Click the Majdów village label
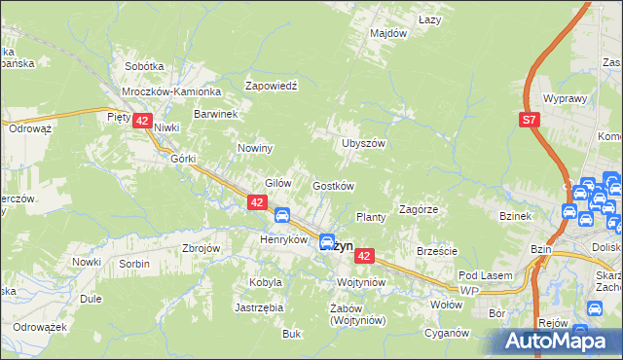[x=387, y=34]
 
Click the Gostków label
[x=332, y=186]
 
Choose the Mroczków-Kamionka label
[x=172, y=91]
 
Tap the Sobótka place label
[x=144, y=66]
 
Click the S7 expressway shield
[x=529, y=120]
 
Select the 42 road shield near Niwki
[x=142, y=121]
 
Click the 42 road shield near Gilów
[x=257, y=202]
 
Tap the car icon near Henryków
[x=280, y=215]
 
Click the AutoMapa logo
[x=559, y=342]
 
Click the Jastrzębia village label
[x=259, y=307]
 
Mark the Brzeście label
[x=437, y=251]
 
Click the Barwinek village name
[x=216, y=114]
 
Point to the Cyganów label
[x=447, y=333]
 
